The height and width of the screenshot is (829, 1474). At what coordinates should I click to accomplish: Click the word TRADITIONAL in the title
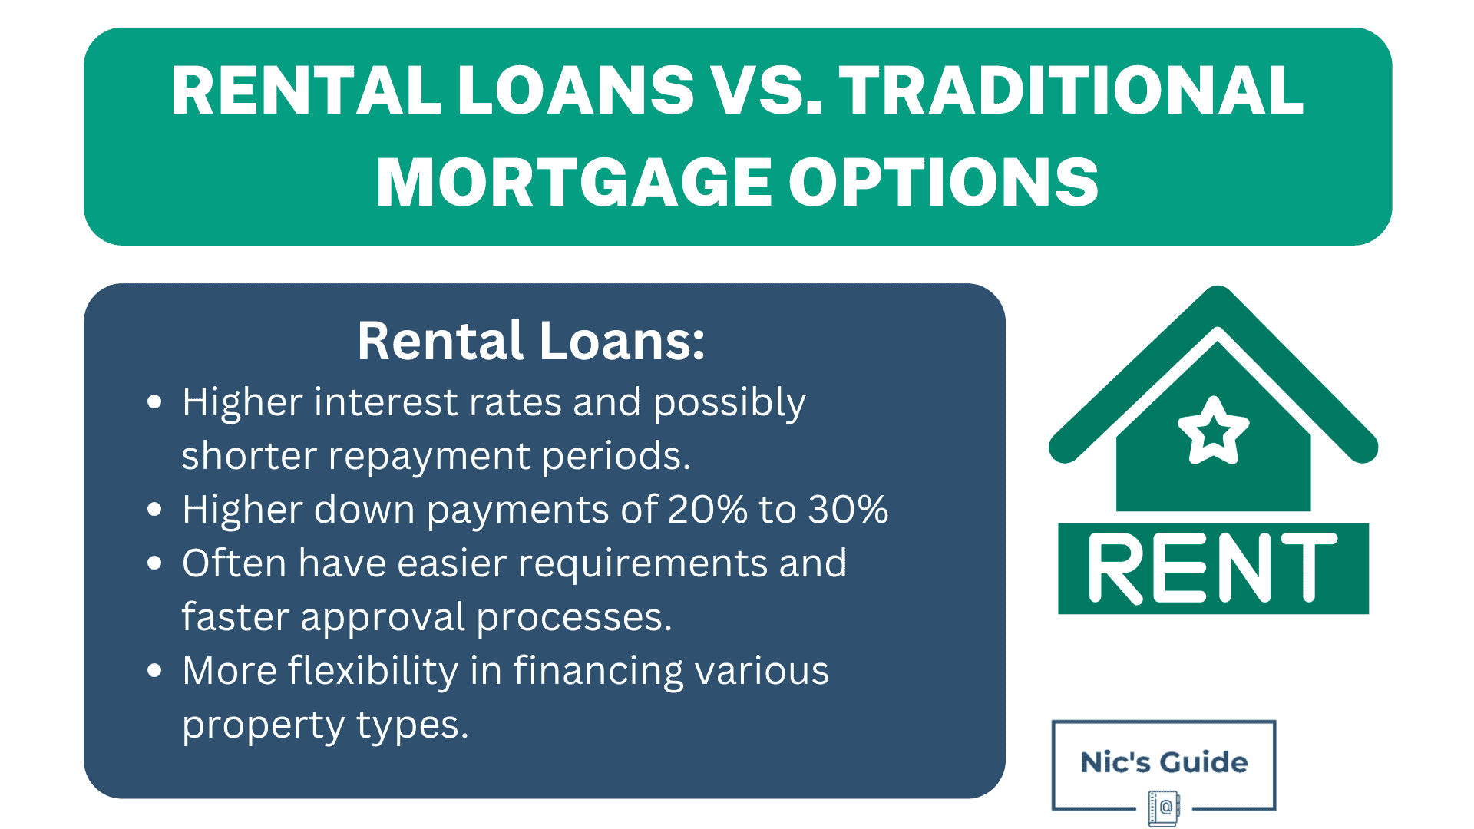pos(1071,91)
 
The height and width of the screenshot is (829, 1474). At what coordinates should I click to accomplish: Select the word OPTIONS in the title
pos(944,183)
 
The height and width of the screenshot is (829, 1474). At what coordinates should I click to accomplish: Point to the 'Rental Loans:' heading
pos(530,341)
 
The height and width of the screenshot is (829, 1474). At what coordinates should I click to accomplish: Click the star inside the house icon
pos(1213,431)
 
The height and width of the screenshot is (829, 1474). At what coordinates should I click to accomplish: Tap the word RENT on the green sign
pos(1212,569)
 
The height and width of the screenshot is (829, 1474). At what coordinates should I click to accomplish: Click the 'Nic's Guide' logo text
pos(1164,762)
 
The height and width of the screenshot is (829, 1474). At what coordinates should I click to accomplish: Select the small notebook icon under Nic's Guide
pos(1164,808)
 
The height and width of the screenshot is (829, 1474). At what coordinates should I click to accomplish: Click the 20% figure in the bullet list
pos(707,510)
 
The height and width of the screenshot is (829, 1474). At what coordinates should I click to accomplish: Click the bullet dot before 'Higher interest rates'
pos(155,402)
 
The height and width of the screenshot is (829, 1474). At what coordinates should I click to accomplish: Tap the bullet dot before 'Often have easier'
pos(155,563)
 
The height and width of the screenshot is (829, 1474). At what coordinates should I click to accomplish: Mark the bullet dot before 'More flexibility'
pos(155,671)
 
